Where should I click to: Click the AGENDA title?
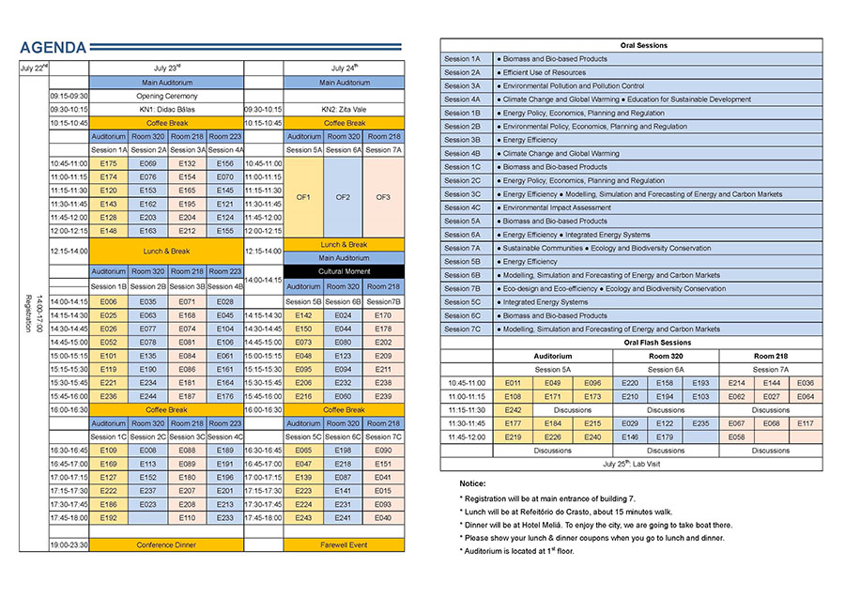click(x=54, y=48)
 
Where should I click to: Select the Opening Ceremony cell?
click(x=167, y=96)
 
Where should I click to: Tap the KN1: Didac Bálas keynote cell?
click(x=167, y=109)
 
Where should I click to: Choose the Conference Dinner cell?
click(x=167, y=544)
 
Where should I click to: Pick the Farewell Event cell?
click(x=345, y=544)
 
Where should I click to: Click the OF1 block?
click(x=303, y=197)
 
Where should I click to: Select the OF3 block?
click(x=383, y=197)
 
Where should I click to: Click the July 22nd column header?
click(x=34, y=69)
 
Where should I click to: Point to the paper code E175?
click(x=108, y=163)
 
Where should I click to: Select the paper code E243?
click(x=303, y=517)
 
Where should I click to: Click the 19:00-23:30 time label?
click(x=69, y=544)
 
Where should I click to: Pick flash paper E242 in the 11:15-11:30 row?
click(x=513, y=409)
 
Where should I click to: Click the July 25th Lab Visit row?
click(x=632, y=464)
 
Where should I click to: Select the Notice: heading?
click(x=473, y=482)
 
